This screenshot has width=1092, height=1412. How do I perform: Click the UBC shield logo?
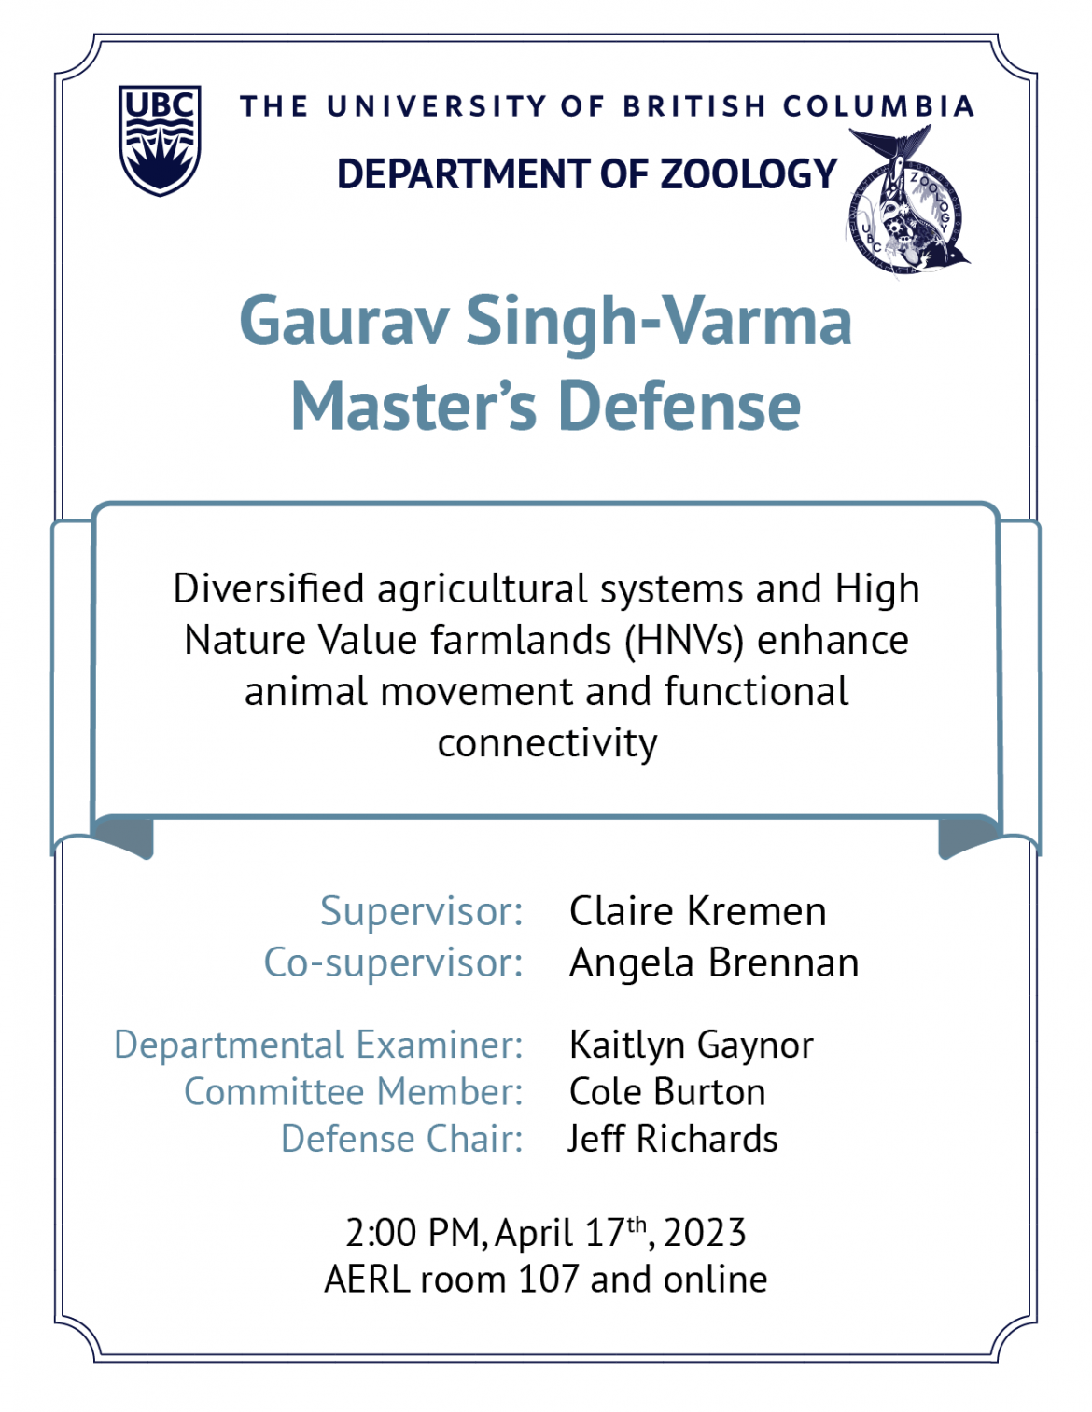click(160, 140)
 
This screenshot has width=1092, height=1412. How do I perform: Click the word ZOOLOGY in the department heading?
click(749, 173)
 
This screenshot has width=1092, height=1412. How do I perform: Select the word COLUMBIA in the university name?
click(878, 106)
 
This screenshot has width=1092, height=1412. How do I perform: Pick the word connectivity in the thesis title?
click(547, 742)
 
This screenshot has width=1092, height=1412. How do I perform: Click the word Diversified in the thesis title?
click(269, 588)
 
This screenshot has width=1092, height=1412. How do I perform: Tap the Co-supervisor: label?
click(393, 962)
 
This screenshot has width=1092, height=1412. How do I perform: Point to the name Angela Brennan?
click(714, 962)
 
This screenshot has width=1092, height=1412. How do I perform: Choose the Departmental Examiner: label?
click(318, 1045)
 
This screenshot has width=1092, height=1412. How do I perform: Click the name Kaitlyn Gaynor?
click(691, 1045)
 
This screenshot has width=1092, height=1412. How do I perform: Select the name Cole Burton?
click(667, 1092)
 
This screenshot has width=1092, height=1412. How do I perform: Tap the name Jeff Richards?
click(672, 1139)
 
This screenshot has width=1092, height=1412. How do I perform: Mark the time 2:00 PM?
click(413, 1233)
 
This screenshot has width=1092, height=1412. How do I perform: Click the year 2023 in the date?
click(705, 1233)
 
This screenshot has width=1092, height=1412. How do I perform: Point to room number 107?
click(549, 1280)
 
